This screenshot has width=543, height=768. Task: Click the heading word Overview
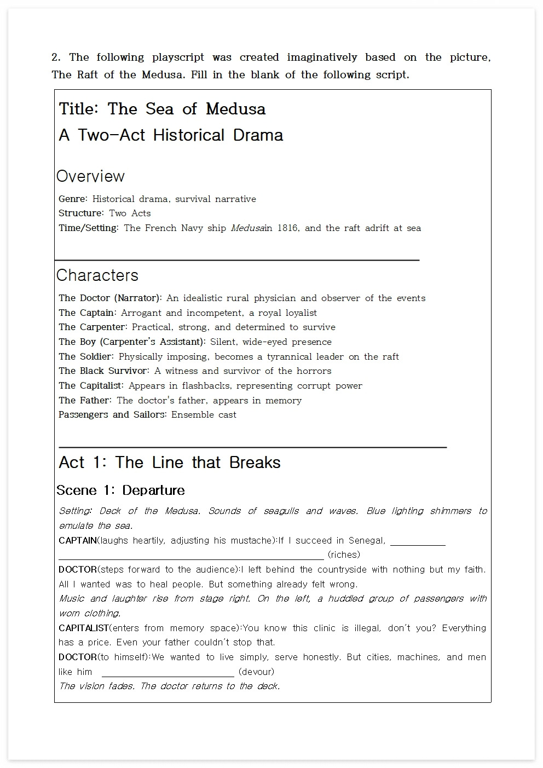click(90, 176)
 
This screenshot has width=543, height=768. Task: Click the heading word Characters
click(97, 275)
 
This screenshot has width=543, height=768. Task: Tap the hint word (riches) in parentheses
click(344, 555)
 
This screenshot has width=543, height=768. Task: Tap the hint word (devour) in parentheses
click(256, 672)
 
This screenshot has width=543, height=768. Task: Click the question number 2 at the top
click(55, 57)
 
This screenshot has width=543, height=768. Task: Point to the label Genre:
click(73, 199)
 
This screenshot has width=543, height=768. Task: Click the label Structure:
click(81, 213)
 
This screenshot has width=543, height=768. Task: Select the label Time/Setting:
click(88, 228)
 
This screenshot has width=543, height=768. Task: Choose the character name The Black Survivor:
click(103, 371)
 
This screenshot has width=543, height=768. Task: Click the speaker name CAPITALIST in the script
click(84, 628)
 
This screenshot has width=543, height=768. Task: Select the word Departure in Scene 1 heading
click(153, 490)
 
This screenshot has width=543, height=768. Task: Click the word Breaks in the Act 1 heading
click(255, 463)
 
